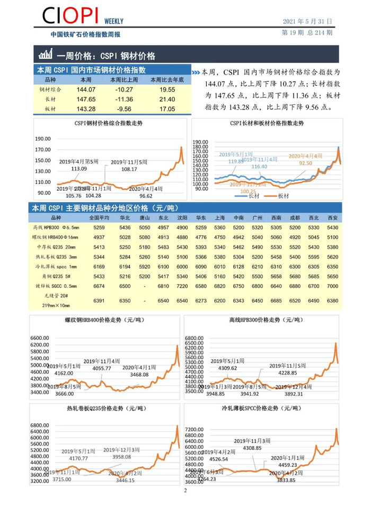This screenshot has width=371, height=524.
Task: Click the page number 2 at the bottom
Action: tap(185, 491)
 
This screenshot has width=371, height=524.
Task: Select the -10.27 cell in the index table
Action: tap(127, 90)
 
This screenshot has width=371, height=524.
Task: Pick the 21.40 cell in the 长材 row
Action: tap(167, 99)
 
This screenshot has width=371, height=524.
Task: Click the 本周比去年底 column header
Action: tap(167, 79)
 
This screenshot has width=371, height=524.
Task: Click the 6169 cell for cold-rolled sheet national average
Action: tap(99, 266)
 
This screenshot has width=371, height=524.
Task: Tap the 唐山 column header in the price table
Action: tap(144, 217)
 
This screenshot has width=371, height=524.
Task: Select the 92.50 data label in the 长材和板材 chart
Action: tap(305, 163)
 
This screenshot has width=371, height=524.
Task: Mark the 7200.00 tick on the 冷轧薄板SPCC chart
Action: tap(196, 429)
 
